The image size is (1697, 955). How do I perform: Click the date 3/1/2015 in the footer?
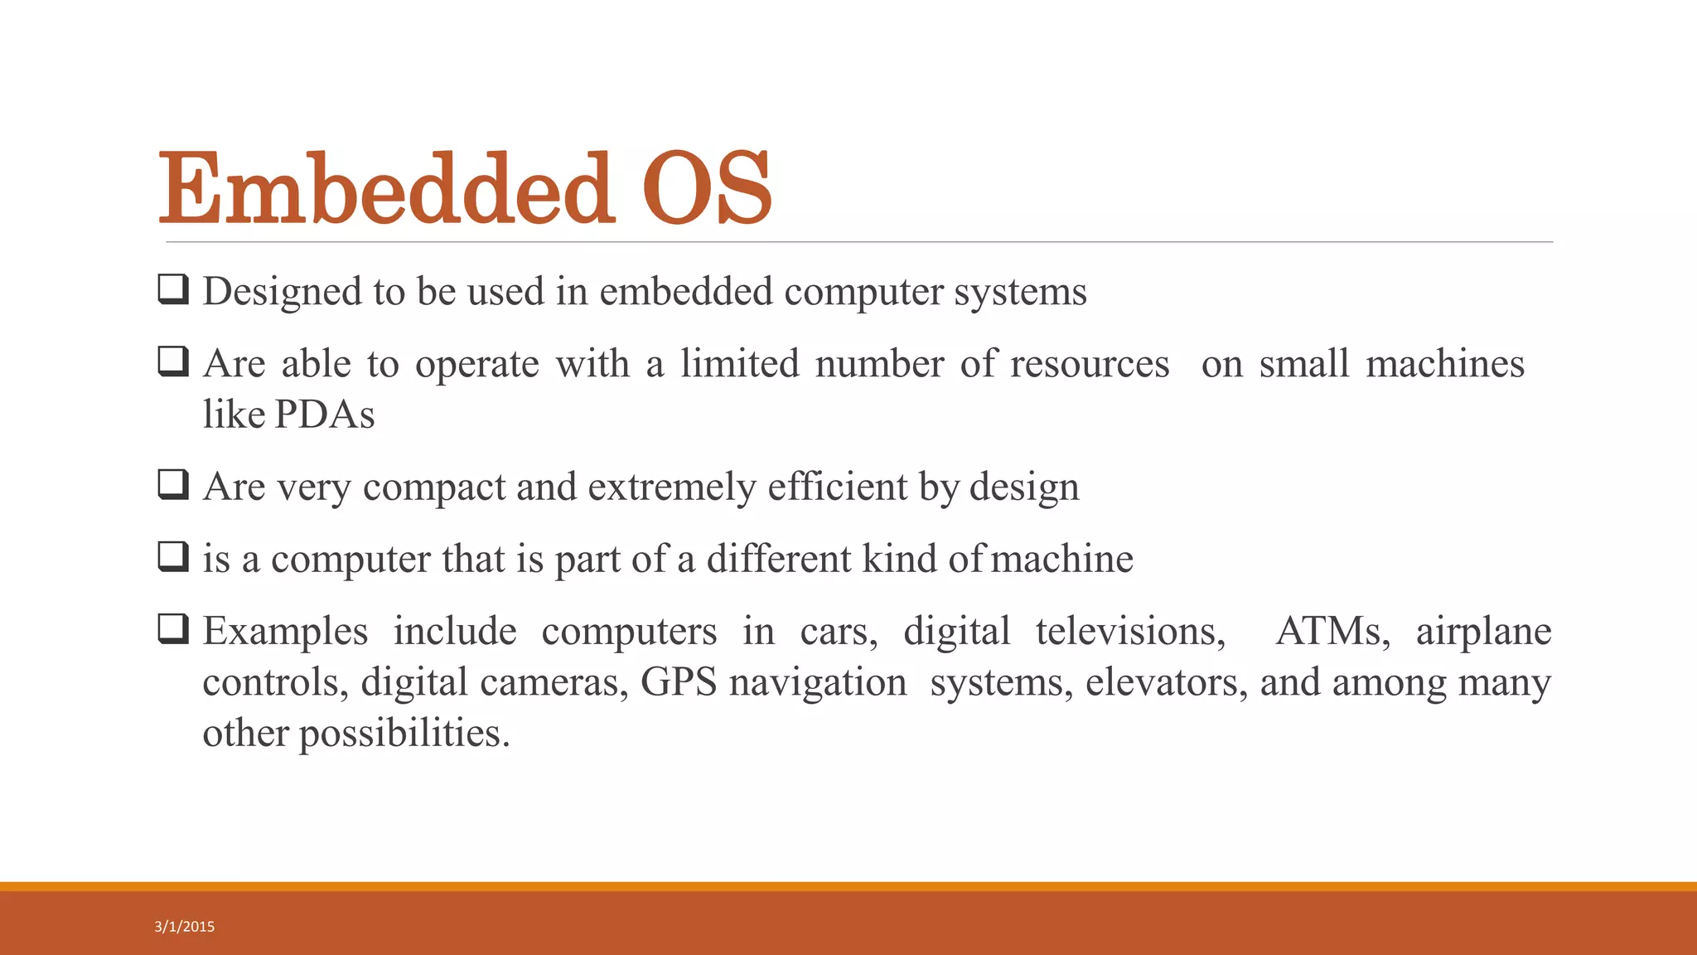[184, 927]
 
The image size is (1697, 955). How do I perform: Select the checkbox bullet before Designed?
[173, 290]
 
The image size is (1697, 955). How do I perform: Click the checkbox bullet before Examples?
[173, 630]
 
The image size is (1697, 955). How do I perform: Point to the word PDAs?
[324, 414]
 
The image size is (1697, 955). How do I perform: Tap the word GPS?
[678, 682]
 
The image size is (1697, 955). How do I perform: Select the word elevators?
[1167, 682]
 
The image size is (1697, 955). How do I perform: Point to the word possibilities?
[404, 734]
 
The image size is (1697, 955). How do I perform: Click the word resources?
[1089, 364]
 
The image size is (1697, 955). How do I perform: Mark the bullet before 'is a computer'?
[173, 557]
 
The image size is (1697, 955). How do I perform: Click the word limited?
[739, 364]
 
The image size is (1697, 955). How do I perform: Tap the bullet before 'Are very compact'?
[173, 485]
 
